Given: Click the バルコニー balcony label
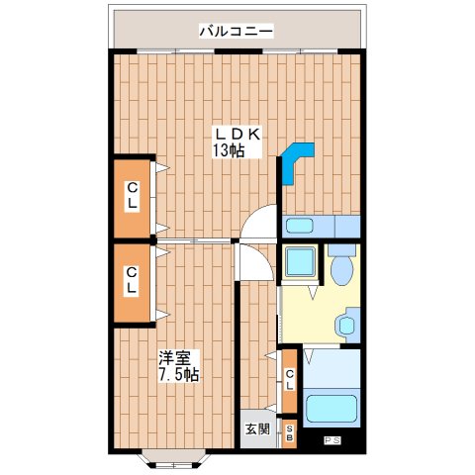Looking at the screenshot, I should [x=236, y=31].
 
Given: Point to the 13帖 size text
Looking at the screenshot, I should [x=227, y=151].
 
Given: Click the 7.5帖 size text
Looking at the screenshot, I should [x=179, y=375].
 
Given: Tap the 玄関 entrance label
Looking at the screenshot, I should [x=256, y=428].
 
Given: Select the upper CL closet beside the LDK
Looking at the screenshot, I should [x=131, y=198].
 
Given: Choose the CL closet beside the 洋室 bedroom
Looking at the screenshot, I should [x=131, y=281].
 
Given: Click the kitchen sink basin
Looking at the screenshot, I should [x=300, y=226].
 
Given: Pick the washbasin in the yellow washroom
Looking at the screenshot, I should [x=347, y=324].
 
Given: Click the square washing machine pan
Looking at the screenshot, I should [x=299, y=262].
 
